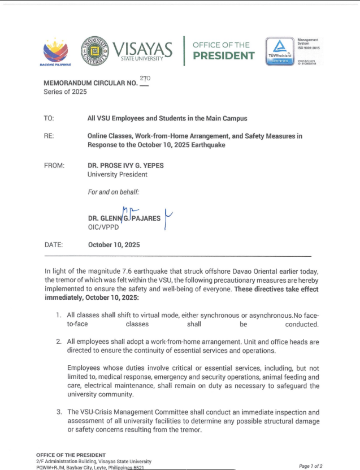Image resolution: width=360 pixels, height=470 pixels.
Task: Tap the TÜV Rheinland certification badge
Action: (x=278, y=51)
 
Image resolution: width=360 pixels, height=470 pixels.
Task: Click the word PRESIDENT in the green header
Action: (x=224, y=56)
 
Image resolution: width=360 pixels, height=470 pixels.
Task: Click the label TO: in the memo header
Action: (x=49, y=119)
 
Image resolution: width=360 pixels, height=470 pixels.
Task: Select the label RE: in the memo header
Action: (x=49, y=136)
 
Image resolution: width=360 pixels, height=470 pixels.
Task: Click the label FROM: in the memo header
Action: (x=54, y=166)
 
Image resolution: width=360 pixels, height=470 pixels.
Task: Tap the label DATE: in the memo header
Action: (x=54, y=245)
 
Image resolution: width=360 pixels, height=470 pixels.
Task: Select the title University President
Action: (x=118, y=175)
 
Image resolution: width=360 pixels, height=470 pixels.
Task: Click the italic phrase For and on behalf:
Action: (x=113, y=192)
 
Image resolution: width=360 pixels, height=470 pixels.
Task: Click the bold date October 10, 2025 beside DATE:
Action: (x=114, y=245)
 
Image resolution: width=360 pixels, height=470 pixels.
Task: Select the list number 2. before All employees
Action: (x=59, y=342)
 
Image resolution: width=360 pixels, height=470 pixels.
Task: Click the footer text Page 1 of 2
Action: (x=310, y=465)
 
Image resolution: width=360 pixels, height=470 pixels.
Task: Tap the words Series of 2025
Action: (x=65, y=92)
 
